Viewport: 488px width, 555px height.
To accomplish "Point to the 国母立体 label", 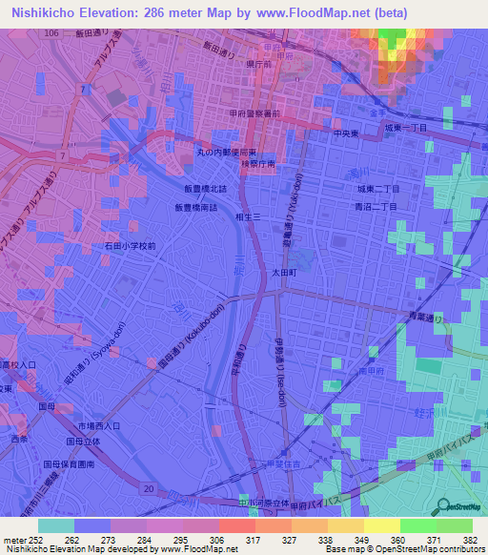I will (x=84, y=442).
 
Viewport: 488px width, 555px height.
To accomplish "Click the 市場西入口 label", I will (x=98, y=425).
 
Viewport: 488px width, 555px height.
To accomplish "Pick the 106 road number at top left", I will (x=51, y=32).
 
